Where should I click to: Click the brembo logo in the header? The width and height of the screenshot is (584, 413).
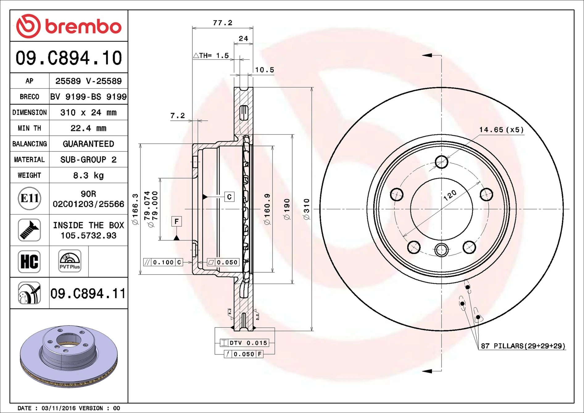coord(68,26)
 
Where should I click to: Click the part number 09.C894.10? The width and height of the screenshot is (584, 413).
coord(68,58)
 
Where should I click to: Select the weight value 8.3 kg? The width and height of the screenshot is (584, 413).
coord(88,176)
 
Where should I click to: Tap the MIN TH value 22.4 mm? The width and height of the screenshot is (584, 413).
coord(88,128)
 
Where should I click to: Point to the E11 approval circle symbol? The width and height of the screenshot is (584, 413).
coord(29,198)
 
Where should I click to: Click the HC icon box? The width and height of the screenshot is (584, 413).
coord(29,262)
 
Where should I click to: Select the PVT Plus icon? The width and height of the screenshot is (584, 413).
coord(70,261)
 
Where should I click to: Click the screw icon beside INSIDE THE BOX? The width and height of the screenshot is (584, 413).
coord(29,230)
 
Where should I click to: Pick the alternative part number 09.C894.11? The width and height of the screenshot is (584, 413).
coord(88,293)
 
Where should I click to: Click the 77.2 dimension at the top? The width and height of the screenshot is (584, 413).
coord(222,23)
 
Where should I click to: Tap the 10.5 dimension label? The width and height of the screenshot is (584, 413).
coord(264,70)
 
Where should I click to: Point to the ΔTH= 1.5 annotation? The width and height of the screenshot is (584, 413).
coord(211,56)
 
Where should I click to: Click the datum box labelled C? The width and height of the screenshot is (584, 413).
coord(229,197)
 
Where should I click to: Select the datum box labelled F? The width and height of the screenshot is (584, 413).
coord(176,221)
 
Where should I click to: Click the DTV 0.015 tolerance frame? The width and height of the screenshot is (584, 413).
coord(245,343)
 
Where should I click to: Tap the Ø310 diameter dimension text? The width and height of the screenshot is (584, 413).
coord(306,209)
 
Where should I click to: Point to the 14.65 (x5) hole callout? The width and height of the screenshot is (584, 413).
coord(501,130)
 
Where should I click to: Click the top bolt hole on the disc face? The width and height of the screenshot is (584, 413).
coord(441,162)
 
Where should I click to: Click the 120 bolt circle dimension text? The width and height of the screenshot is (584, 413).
coord(450,195)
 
